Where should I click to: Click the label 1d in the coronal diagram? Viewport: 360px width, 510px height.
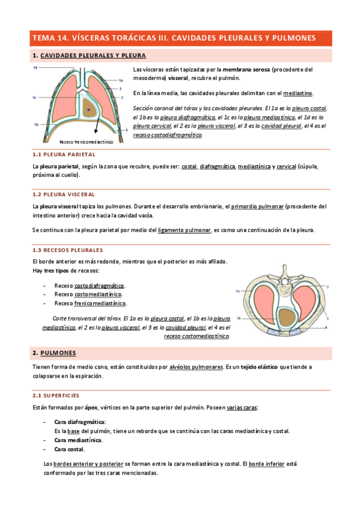(x=35, y=68)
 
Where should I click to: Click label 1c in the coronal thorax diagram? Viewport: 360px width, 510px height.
(x=35, y=97)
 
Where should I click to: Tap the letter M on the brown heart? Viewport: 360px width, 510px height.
(x=88, y=110)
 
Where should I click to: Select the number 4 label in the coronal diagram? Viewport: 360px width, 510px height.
(x=127, y=129)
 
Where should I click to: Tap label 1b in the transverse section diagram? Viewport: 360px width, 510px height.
(x=239, y=319)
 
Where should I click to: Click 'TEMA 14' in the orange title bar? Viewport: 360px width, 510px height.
(x=52, y=38)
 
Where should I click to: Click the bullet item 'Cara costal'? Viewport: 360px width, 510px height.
(x=69, y=449)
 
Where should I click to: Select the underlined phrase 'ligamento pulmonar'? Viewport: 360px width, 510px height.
(x=184, y=230)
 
